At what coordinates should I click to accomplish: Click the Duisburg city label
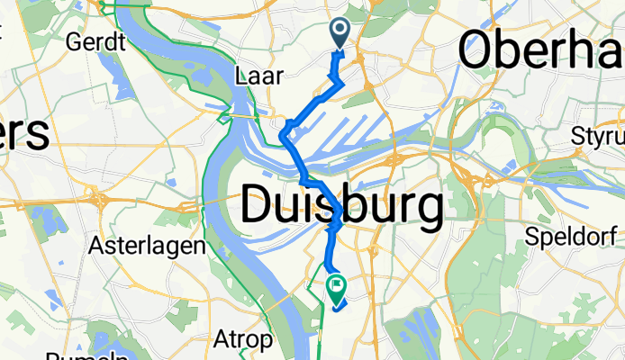pyautogui.click(x=342, y=207)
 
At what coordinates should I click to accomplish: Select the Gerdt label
pyautogui.click(x=94, y=41)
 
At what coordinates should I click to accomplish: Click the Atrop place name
pyautogui.click(x=242, y=340)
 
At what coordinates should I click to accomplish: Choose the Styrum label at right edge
pyautogui.click(x=599, y=137)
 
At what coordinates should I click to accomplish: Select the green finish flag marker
pyautogui.click(x=338, y=288)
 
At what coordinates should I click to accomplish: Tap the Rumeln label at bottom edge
pyautogui.click(x=86, y=356)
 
